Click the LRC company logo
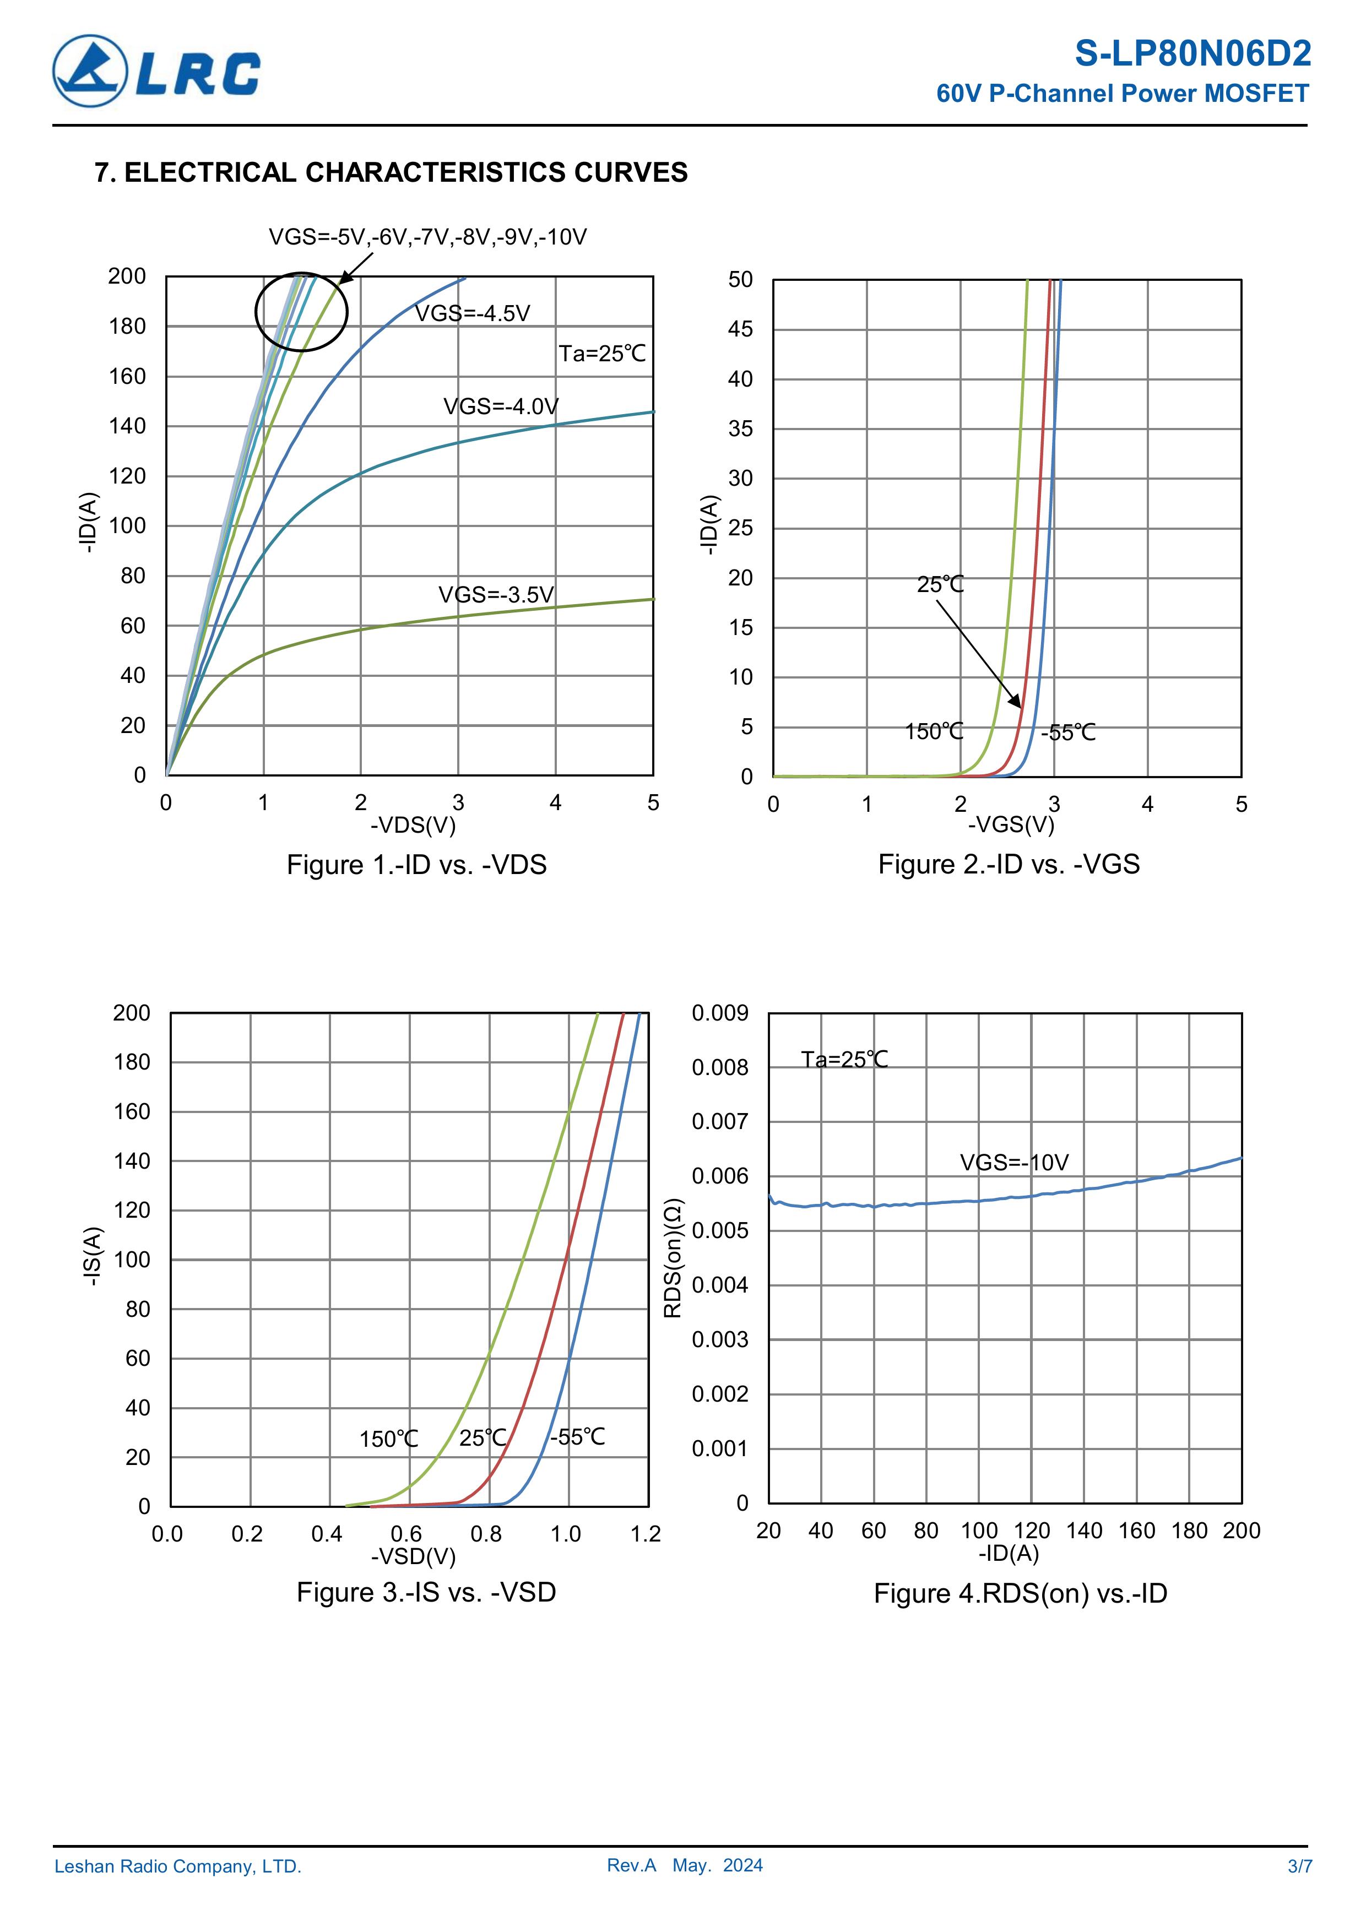click(156, 72)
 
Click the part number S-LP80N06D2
click(1192, 54)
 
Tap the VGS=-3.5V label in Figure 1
click(496, 595)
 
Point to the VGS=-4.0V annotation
click(501, 406)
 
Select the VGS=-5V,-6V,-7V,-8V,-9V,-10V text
click(427, 237)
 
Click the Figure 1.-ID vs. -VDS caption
click(416, 865)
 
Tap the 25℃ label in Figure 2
click(940, 584)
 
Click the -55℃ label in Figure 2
click(1068, 733)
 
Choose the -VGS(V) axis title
click(1010, 824)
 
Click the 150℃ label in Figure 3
click(389, 1439)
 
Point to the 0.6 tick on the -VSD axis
click(406, 1534)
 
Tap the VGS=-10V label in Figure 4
click(1014, 1163)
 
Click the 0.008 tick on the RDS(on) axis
click(719, 1068)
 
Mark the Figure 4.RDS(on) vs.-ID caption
click(1020, 1594)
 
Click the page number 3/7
click(1299, 1866)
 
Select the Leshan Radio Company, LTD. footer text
click(177, 1866)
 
